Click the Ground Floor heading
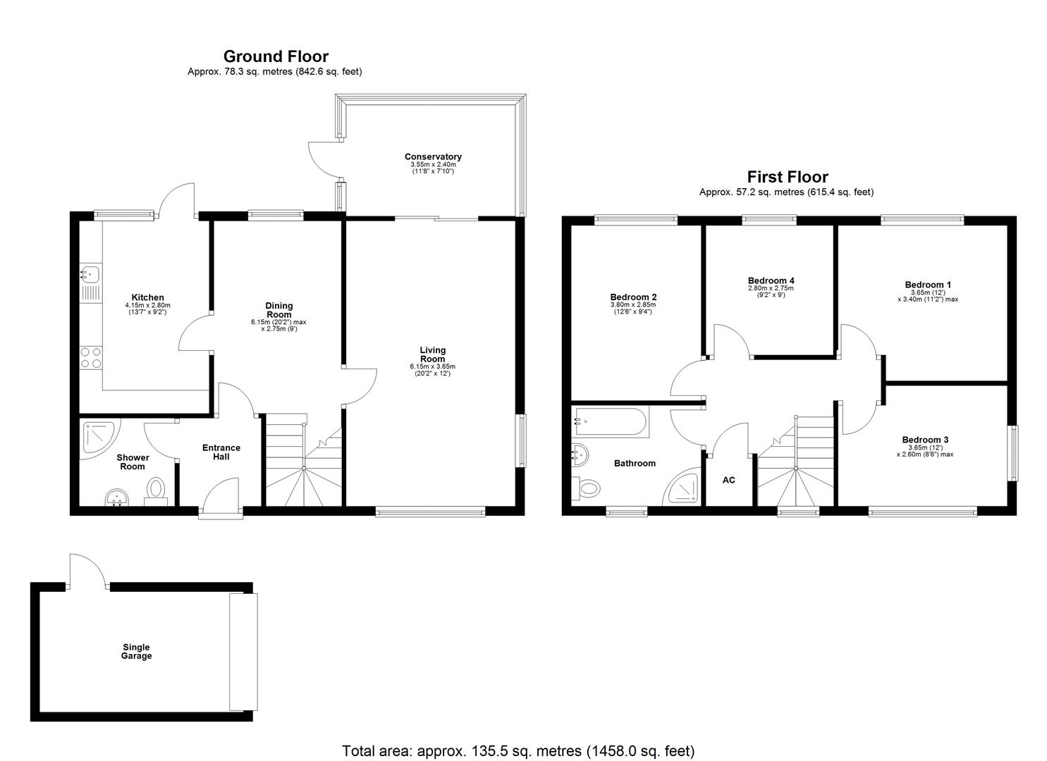pyautogui.click(x=276, y=56)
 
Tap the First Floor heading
pyautogui.click(x=787, y=177)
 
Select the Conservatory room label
pyautogui.click(x=433, y=156)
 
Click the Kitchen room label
pyautogui.click(x=147, y=297)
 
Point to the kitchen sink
pyautogui.click(x=90, y=274)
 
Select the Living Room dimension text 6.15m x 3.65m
pyautogui.click(x=432, y=366)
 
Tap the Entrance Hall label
pyautogui.click(x=221, y=452)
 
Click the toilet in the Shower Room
pyautogui.click(x=157, y=488)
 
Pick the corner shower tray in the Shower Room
pyautogui.click(x=97, y=437)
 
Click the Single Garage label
pyautogui.click(x=136, y=652)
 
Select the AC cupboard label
pyautogui.click(x=728, y=480)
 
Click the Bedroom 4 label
pyautogui.click(x=771, y=280)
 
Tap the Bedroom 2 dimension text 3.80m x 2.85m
pyautogui.click(x=633, y=304)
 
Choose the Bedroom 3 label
pyautogui.click(x=925, y=440)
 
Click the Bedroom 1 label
pyautogui.click(x=928, y=285)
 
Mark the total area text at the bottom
pyautogui.click(x=518, y=751)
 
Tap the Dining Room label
pyautogui.click(x=278, y=310)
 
